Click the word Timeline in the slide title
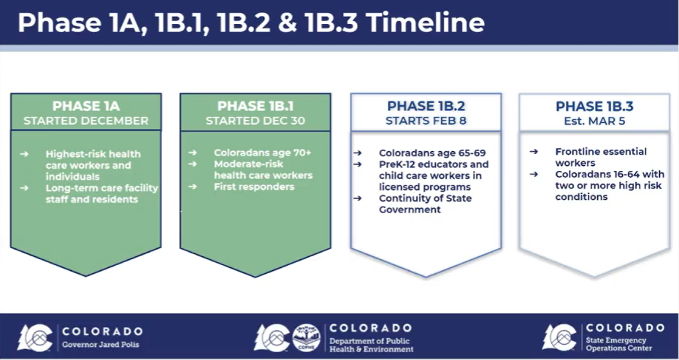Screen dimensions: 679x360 pos(425,23)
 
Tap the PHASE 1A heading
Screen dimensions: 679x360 pos(85,106)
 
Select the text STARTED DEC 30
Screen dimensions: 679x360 pos(255,120)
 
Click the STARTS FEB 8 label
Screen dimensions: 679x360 pos(426,120)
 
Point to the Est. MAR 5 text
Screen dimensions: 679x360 pos(594,120)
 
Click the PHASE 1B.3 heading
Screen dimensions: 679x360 pos(594,106)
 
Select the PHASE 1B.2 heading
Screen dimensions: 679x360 pos(426,106)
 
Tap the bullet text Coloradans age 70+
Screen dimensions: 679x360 pos(262,153)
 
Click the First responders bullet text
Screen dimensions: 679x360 pos(254,187)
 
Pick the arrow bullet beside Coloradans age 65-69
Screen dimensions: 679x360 pos(358,153)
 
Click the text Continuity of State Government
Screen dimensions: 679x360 pos(425,204)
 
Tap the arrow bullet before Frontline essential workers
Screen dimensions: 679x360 pos(534,152)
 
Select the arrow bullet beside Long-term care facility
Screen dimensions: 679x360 pos(24,188)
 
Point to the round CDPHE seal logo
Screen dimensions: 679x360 pos(307,337)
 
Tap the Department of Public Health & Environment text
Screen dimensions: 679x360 pos(372,345)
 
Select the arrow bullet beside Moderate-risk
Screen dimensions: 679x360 pos(192,164)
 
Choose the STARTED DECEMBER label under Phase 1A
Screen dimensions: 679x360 pos(85,120)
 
